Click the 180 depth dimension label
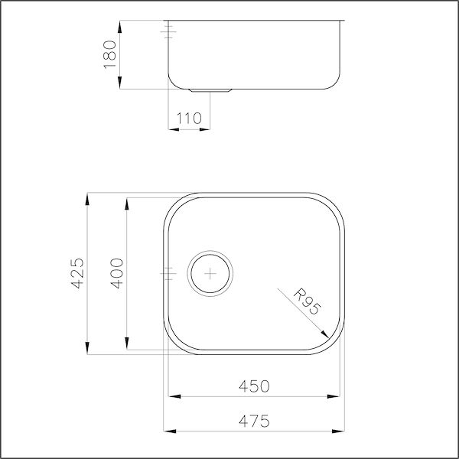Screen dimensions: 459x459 [109, 54]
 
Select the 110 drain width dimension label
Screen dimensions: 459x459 [188, 118]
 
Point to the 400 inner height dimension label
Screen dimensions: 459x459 [116, 273]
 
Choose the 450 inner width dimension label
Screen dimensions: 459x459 [253, 386]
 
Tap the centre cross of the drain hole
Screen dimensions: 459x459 [210, 272]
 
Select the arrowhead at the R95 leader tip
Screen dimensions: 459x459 [328, 334]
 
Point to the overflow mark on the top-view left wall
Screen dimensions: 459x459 [169, 272]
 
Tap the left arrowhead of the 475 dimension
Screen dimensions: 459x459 [167, 431]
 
